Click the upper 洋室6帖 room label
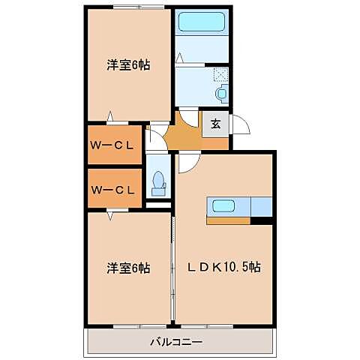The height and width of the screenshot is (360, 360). pos(127,65)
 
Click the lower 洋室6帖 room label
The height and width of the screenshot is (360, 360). pos(127,267)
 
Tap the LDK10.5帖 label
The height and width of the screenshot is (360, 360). pos(223,267)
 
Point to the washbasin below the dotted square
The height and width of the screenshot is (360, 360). pos(220,93)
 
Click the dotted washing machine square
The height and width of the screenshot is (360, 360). pos(221,75)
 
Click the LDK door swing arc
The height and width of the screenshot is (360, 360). pos(189,162)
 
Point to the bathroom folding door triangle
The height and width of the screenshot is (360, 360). pos(180,57)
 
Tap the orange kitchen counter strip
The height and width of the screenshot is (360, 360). pos(229,220)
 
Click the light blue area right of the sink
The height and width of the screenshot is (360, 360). pos(260,206)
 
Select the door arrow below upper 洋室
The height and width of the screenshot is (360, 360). pos(111,116)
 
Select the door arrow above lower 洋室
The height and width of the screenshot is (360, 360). pos(111,216)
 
